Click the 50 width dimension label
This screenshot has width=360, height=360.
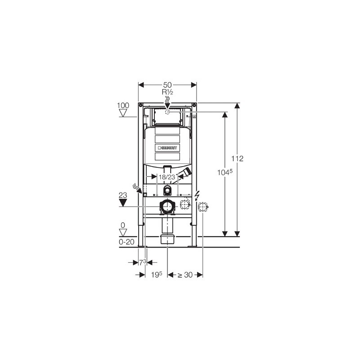[167, 85]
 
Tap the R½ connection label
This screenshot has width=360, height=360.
[167, 92]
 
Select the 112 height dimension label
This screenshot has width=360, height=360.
[237, 158]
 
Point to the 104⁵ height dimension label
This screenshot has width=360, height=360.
[225, 172]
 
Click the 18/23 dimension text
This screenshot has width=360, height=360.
[167, 177]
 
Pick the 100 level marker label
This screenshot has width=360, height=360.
[123, 105]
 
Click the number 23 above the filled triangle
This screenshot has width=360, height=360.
[123, 195]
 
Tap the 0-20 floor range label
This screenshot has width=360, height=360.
[126, 242]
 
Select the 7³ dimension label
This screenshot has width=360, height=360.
[143, 262]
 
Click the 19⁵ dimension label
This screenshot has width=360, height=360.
[157, 274]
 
